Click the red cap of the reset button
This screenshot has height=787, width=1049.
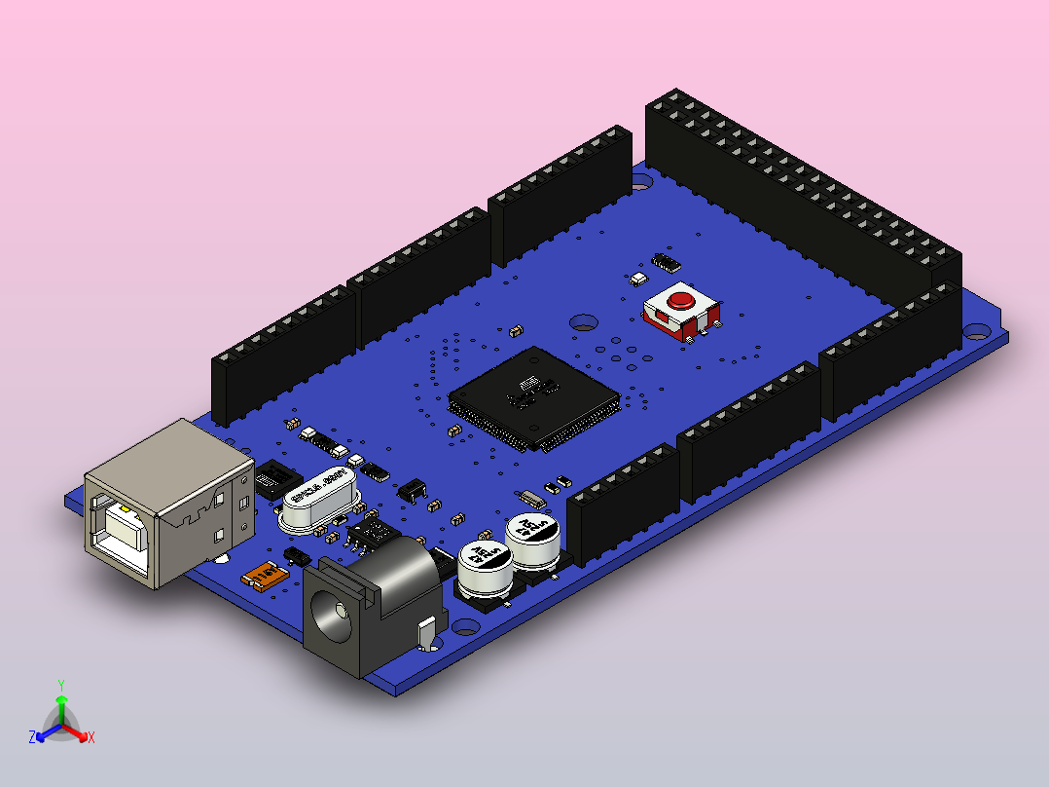tap(681, 298)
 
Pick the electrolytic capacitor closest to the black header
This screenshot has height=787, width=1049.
tap(531, 542)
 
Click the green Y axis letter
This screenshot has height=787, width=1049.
tap(60, 685)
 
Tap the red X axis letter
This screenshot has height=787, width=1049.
tap(91, 738)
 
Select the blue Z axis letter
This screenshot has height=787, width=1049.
tap(31, 738)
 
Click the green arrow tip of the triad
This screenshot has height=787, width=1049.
tap(60, 700)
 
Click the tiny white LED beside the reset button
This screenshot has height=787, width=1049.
tap(638, 279)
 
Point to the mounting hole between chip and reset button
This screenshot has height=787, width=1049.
tap(584, 320)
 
